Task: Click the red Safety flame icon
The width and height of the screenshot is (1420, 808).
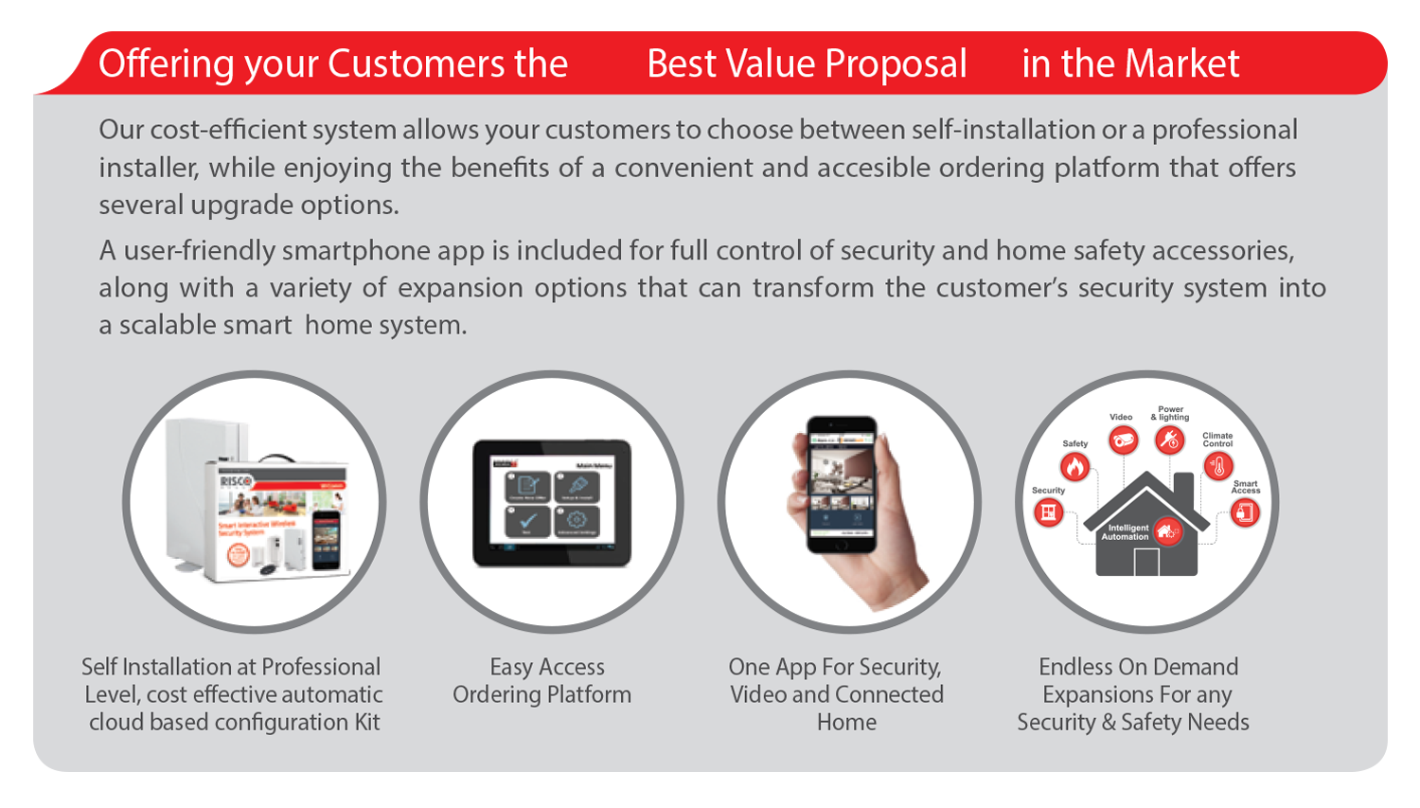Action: coord(1074,467)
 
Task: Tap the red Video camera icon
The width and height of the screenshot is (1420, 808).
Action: coord(1123,440)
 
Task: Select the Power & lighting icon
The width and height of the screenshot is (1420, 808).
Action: coord(1170,440)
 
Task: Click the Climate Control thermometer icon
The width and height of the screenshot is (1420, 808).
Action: coord(1217,466)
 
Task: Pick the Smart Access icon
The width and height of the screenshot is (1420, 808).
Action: coord(1244,512)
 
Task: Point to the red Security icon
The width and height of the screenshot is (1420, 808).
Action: coord(1048,512)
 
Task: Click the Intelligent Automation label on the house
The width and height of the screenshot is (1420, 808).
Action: coord(1127,532)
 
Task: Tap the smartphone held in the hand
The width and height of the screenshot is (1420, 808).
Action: coord(841,483)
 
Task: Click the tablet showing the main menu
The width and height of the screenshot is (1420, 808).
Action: coord(552,503)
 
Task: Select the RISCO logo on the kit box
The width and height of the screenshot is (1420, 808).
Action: coord(236,481)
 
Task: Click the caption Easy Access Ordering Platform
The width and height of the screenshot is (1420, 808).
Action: coord(543,680)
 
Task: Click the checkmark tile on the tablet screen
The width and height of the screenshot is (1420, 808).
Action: coord(528,519)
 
